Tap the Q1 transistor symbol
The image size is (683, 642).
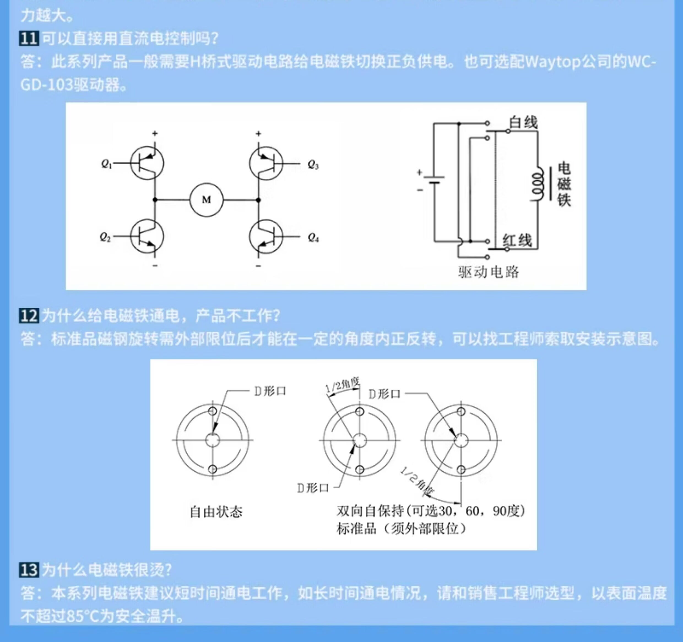tap(147, 163)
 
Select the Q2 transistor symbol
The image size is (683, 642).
tap(147, 236)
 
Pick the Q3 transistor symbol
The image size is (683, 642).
tap(266, 163)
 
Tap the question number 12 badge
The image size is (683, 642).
tap(29, 315)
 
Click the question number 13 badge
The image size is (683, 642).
tap(29, 570)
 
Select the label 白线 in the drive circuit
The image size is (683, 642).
tap(523, 122)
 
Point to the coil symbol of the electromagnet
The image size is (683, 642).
tap(537, 184)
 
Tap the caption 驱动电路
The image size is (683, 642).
tap(489, 272)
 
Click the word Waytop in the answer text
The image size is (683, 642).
tap(552, 62)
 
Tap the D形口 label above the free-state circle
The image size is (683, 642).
tap(270, 391)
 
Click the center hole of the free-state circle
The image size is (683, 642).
tap(212, 440)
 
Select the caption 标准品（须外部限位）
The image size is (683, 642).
tap(401, 529)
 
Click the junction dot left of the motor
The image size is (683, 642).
tap(155, 200)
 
